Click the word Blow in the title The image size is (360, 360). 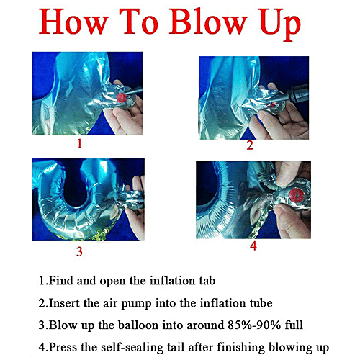tap(208, 22)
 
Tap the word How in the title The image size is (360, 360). tap(73, 22)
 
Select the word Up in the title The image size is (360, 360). tap(280, 24)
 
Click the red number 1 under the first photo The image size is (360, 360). tap(80, 144)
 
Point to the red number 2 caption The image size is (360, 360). tap(250, 145)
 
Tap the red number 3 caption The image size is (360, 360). tap(79, 251)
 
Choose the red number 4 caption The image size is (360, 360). tap(253, 246)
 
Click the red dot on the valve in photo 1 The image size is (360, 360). tap(122, 98)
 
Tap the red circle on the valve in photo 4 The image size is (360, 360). tap(297, 195)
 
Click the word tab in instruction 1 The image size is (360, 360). tap(207, 281)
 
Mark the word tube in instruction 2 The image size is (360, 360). tap(261, 303)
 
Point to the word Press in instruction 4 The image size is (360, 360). tap(63, 347)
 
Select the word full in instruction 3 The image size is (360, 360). tap(294, 325)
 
